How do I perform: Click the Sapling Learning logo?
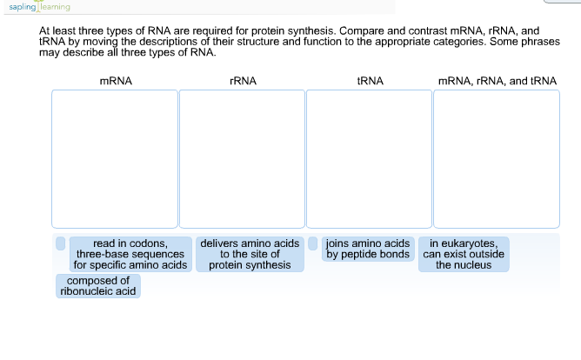[39, 6]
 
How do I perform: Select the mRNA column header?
[116, 81]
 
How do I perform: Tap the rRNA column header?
[243, 81]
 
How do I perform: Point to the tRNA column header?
[371, 81]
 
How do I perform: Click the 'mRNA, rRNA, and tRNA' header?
[498, 81]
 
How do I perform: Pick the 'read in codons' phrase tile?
[130, 255]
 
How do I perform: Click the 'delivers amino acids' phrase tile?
[250, 255]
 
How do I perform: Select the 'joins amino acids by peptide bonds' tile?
[368, 249]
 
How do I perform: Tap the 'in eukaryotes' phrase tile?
[464, 255]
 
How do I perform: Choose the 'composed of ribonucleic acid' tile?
[98, 286]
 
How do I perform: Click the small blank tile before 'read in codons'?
[60, 243]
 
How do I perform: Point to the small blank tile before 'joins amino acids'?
[313, 243]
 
